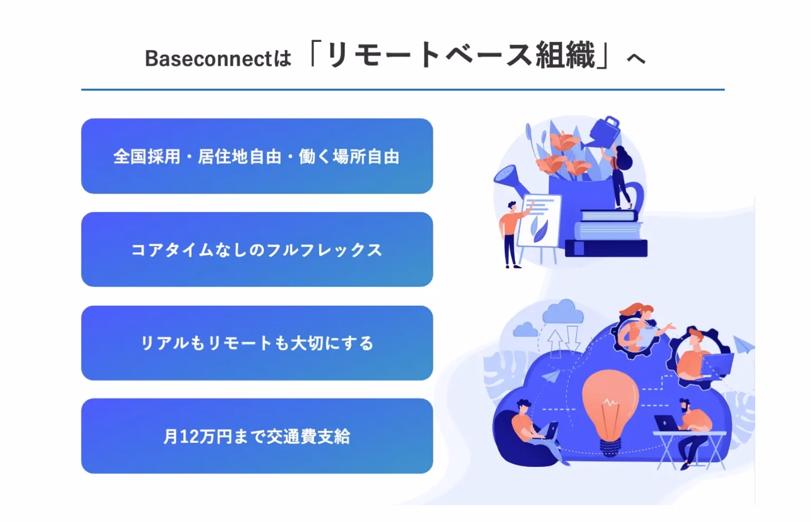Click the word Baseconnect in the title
pyautogui.click(x=209, y=59)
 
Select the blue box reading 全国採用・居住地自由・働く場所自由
pyautogui.click(x=257, y=156)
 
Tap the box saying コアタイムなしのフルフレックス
pyautogui.click(x=257, y=249)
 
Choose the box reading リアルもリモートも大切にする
pyautogui.click(x=257, y=343)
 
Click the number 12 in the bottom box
pyautogui.click(x=189, y=437)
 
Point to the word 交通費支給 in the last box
pyautogui.click(x=308, y=436)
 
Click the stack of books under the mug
pyautogui.click(x=606, y=233)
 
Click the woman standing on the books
pyautogui.click(x=620, y=177)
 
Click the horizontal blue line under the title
pyautogui.click(x=403, y=89)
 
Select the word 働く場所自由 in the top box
pyautogui.click(x=349, y=156)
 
